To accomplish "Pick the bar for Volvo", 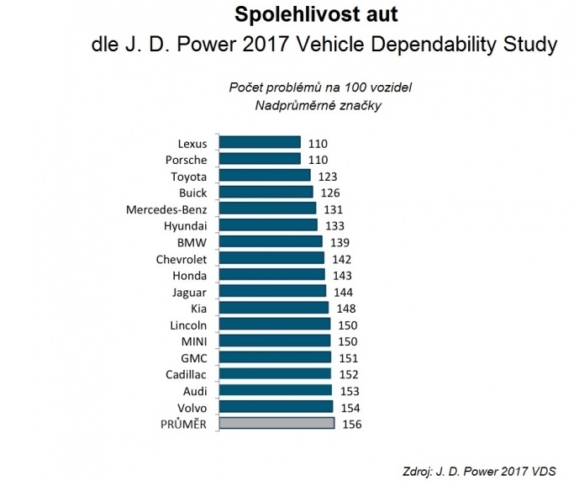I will pyautogui.click(x=276, y=407).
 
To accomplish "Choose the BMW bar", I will pyautogui.click(x=271, y=241).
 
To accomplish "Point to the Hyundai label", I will pyautogui.click(x=186, y=225).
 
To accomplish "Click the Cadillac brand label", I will pyautogui.click(x=185, y=373).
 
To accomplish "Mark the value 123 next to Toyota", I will pyautogui.click(x=328, y=176).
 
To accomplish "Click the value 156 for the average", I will pyautogui.click(x=352, y=424).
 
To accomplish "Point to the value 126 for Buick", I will pyautogui.click(x=330, y=193).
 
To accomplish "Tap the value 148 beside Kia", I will pyautogui.click(x=345, y=308).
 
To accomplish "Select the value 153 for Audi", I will pyautogui.click(x=350, y=390).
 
